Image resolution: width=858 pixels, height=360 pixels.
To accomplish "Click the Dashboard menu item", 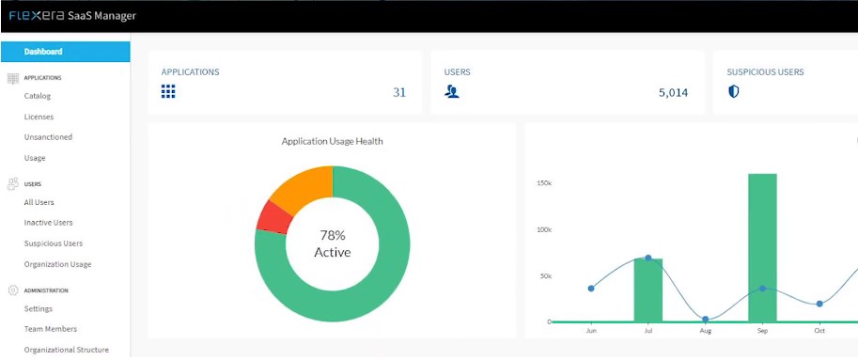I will [43, 52].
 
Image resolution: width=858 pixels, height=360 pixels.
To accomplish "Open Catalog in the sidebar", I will [38, 96].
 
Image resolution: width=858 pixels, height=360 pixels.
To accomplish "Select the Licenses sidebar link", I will [39, 117].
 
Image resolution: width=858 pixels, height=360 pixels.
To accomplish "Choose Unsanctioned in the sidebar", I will [48, 137].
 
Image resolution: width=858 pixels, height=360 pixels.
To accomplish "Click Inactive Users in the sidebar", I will [48, 223].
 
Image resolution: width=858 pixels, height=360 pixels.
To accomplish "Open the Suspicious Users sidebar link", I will [53, 243].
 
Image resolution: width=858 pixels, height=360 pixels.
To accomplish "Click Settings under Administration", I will [39, 308].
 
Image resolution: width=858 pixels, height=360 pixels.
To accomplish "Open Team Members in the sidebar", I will [50, 329].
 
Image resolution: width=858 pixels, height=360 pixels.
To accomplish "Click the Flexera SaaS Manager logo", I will [72, 15].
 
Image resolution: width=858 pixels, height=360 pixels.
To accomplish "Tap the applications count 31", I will [399, 92].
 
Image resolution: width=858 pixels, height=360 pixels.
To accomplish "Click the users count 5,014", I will [674, 92].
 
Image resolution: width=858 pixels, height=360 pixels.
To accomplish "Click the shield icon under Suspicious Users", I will [734, 91].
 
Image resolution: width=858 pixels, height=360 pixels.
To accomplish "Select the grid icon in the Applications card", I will [168, 91].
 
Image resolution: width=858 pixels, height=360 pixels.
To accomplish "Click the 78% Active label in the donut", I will [332, 243].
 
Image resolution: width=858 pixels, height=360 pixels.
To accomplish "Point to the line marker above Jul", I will [647, 258].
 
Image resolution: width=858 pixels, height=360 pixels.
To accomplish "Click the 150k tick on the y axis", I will [543, 183].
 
